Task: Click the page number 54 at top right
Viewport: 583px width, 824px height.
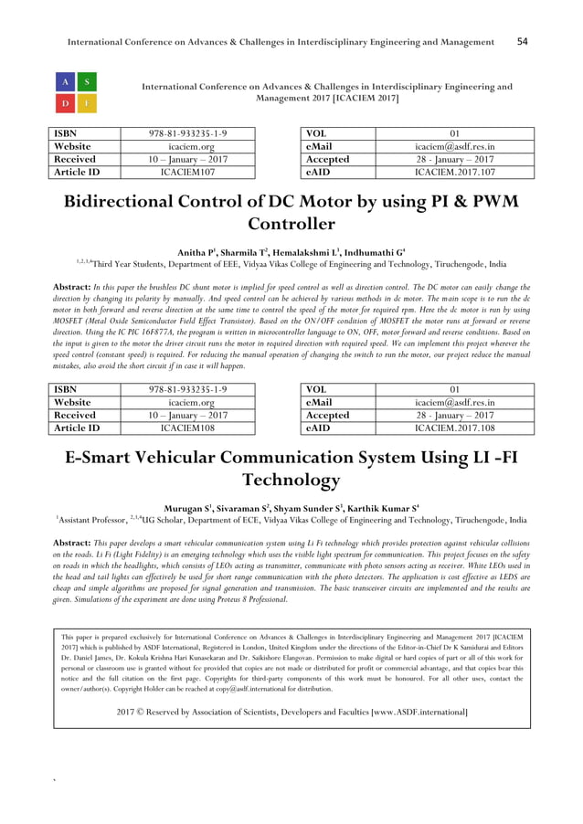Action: [523, 41]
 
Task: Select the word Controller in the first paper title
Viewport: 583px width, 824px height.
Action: [291, 224]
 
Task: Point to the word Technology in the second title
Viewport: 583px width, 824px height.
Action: [291, 480]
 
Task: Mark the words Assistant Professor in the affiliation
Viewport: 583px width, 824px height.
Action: [94, 522]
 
